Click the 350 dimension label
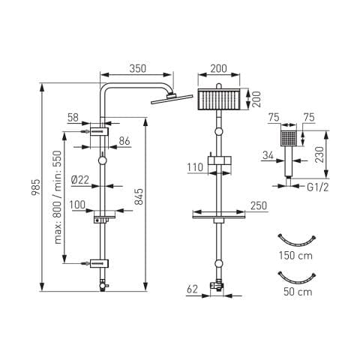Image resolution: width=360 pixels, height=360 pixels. coord(138,68)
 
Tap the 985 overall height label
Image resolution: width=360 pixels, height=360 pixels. coord(36,187)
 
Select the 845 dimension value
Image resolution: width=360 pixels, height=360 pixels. coord(139,196)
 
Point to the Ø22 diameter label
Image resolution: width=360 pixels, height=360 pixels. coord(80,180)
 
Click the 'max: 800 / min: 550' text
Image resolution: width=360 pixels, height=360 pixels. coord(58,197)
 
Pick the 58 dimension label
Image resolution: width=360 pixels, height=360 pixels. coord(73,117)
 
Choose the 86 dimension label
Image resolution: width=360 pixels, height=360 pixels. coord(124,141)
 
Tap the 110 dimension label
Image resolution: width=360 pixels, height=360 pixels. coord(195,167)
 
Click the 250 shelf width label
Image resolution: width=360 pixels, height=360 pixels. coord(259,205)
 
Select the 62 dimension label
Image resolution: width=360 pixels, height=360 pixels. coord(192,289)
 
